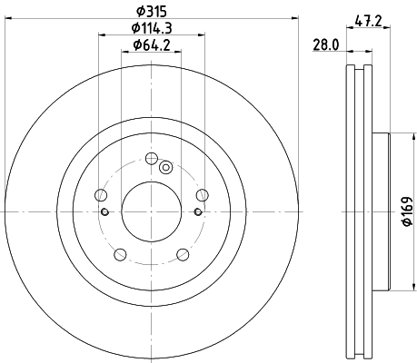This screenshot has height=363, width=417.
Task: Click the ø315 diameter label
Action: [x=152, y=12]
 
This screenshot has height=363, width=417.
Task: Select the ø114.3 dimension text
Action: [x=152, y=28]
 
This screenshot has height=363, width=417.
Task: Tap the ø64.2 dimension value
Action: [x=152, y=45]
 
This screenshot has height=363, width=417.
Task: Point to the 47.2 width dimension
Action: [x=368, y=21]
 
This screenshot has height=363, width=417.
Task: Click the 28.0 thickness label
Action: [x=326, y=45]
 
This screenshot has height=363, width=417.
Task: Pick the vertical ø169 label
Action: [x=407, y=211]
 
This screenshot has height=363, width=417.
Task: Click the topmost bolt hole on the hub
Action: [x=151, y=158]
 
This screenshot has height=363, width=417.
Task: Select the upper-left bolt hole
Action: [x=101, y=195]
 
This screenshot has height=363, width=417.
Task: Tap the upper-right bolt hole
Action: [x=202, y=195]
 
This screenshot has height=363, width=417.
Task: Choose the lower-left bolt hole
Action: [x=120, y=254]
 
